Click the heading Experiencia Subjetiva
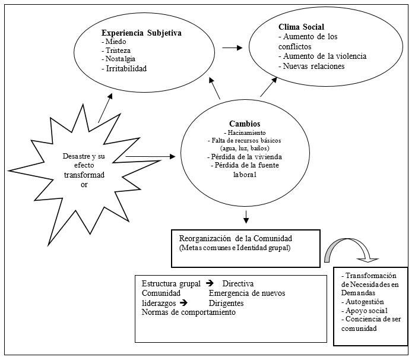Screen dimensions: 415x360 point(141,33)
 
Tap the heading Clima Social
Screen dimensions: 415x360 point(301,27)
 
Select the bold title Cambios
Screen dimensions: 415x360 point(245,124)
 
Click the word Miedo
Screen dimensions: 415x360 point(116,42)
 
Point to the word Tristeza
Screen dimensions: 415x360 point(118,50)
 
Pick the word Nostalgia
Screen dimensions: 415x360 point(121,59)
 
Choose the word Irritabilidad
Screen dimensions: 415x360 point(126,68)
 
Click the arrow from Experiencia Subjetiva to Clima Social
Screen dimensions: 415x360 point(232,48)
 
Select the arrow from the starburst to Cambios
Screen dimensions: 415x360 point(150,157)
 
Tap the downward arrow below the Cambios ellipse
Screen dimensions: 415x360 point(246,217)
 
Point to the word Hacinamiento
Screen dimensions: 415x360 point(246,132)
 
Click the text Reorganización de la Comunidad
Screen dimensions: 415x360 point(236,238)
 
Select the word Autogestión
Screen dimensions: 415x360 point(365,302)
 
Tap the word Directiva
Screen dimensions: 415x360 point(238,284)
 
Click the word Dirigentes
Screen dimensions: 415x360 point(226,303)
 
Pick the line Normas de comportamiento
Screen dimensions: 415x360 point(189,312)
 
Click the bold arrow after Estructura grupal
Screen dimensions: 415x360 point(210,283)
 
